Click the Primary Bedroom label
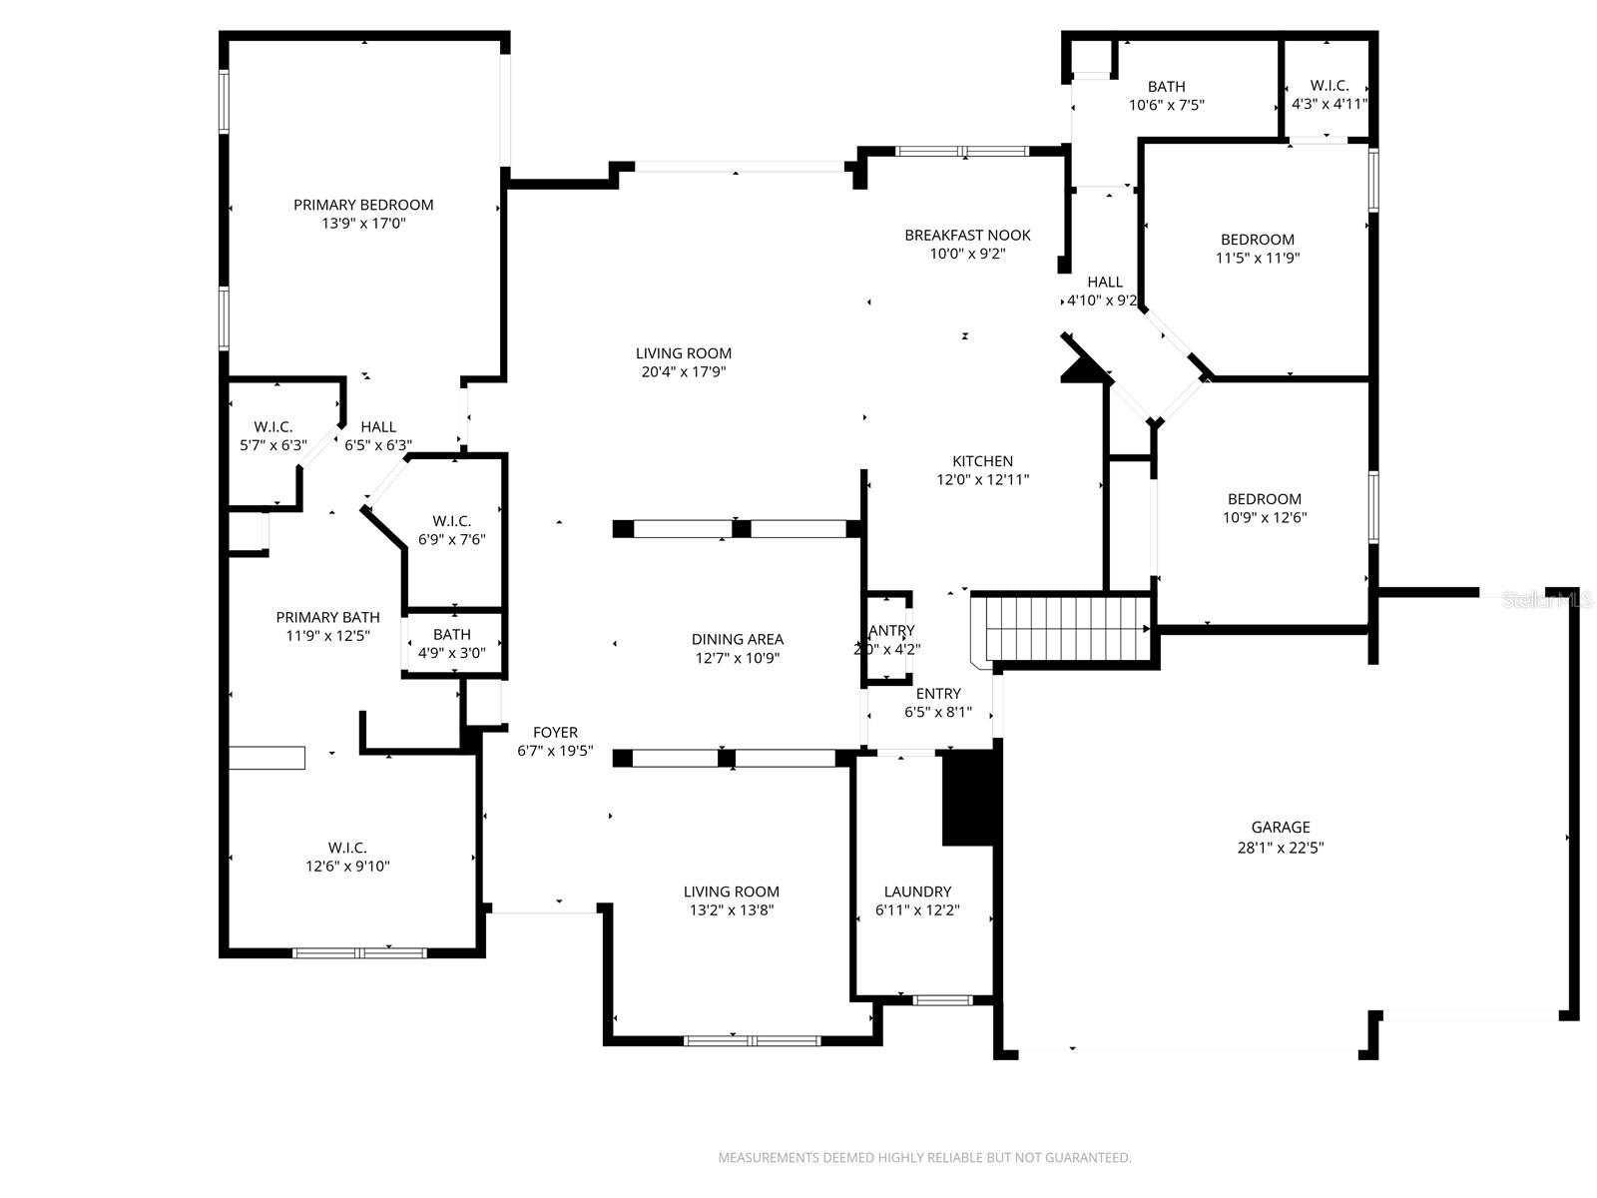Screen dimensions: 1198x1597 coord(363,205)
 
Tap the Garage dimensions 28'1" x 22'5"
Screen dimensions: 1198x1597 coord(1281,848)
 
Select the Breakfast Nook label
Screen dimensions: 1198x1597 coord(967,236)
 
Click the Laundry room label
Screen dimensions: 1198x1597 coord(917,892)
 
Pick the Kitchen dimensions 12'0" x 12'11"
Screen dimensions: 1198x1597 coord(982,479)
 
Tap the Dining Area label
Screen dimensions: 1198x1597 coord(737,639)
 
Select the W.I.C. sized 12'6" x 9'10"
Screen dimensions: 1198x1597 coord(347,857)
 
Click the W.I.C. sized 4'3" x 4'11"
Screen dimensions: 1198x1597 coord(1329,94)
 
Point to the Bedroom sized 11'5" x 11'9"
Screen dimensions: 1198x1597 coord(1257,248)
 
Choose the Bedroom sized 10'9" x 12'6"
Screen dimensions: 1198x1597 coord(1264,507)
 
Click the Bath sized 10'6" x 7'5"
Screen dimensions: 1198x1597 coord(1166,95)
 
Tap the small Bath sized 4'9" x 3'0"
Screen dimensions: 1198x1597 coord(451,643)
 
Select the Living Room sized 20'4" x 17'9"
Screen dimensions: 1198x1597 coord(683,361)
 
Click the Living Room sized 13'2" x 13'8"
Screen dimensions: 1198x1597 coord(731,900)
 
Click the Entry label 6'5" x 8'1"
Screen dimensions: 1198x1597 coord(938,702)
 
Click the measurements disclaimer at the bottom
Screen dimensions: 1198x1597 coord(924,1158)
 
